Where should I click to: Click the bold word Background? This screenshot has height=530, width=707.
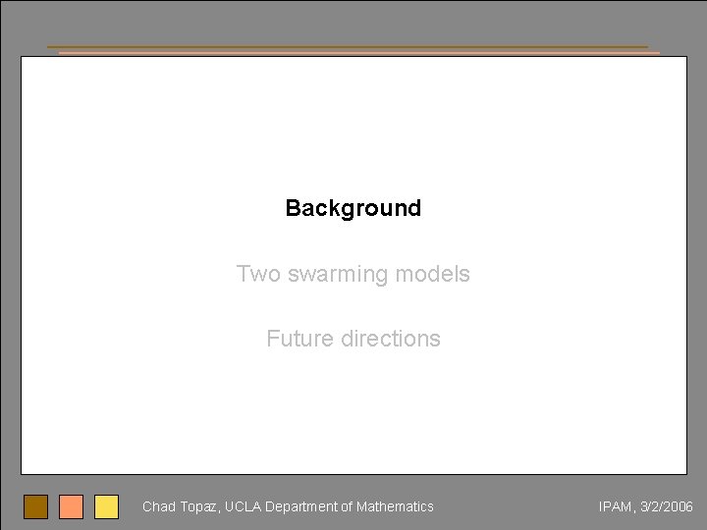(353, 208)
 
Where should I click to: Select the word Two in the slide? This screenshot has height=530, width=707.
(257, 274)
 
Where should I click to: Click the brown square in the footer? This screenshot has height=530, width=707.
(35, 506)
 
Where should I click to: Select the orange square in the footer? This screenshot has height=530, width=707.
(71, 506)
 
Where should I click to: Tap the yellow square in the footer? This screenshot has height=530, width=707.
(106, 506)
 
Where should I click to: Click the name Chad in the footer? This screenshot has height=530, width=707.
(158, 506)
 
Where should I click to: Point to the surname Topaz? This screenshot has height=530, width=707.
(199, 507)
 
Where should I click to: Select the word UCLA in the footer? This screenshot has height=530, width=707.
(244, 506)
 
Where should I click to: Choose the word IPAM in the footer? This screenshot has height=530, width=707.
(616, 506)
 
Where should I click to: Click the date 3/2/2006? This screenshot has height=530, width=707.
(667, 506)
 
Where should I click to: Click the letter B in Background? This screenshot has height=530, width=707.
(292, 208)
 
